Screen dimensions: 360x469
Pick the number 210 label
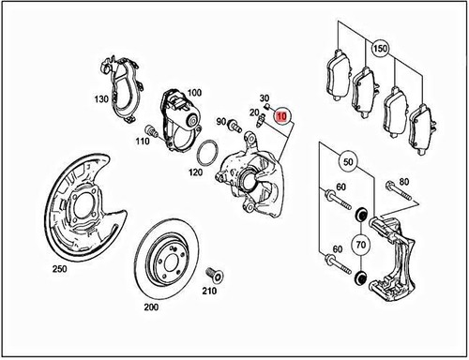pyautogui.click(x=208, y=291)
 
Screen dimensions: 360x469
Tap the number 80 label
pyautogui.click(x=404, y=181)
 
